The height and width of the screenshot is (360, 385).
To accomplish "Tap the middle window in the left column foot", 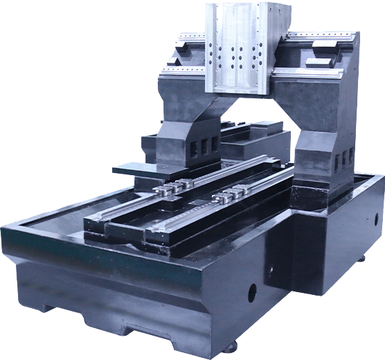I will (202, 147).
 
